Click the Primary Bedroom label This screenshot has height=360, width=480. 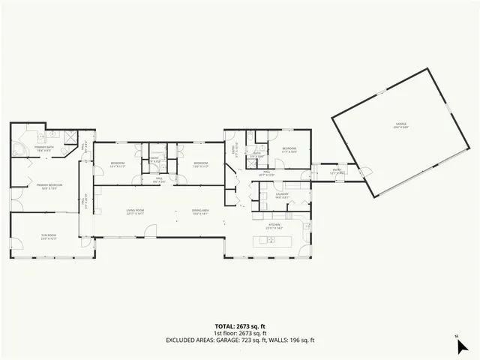[x=45, y=186]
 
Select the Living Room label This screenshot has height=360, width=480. [x=136, y=211]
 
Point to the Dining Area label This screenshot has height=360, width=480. [x=200, y=211]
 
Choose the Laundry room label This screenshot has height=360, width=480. [x=282, y=196]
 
